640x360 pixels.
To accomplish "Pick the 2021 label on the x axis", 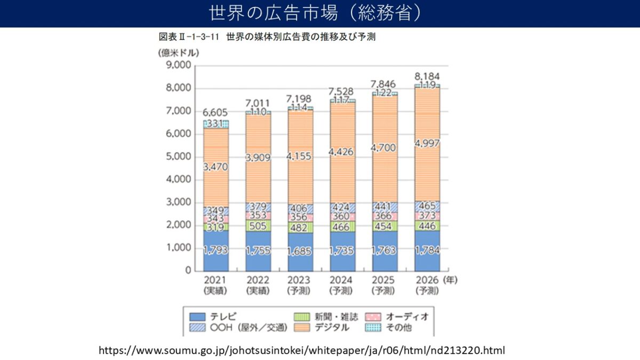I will click(x=215, y=279).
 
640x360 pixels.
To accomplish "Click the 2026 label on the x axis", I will click(x=427, y=279).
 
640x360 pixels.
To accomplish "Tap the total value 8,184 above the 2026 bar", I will click(x=427, y=76).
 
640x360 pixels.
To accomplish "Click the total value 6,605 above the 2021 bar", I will click(x=215, y=112).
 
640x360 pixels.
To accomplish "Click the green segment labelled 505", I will click(x=258, y=226).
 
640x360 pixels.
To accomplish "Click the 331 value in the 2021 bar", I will click(x=215, y=124).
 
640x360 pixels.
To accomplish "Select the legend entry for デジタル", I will click(x=323, y=327).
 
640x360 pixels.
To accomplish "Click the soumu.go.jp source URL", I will click(x=301, y=350).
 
